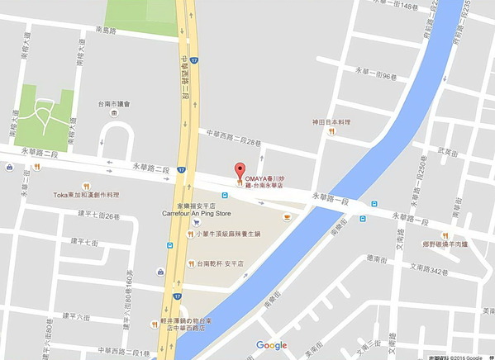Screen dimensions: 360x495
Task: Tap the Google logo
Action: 271,345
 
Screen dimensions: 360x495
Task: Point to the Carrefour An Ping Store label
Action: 197,212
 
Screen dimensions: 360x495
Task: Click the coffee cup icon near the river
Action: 287,217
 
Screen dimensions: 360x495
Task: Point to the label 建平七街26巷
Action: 98,216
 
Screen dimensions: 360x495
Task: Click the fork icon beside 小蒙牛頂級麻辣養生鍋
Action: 190,234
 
